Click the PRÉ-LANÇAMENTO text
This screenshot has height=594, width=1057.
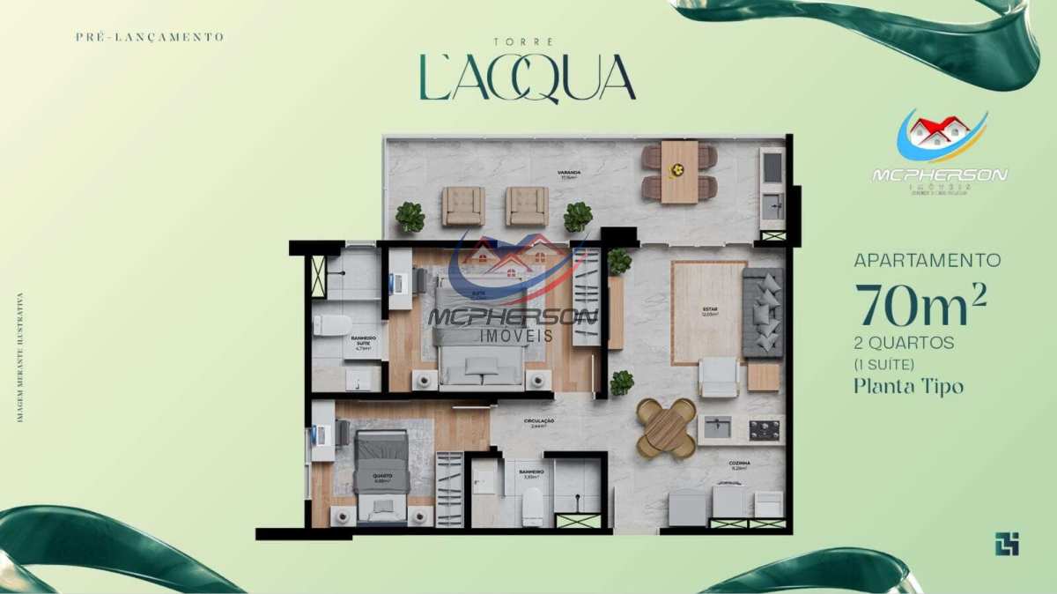click(x=151, y=37)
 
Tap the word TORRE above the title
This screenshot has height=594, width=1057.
click(x=527, y=41)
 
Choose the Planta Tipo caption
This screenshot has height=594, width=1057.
click(x=908, y=386)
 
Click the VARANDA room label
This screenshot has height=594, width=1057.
click(x=567, y=174)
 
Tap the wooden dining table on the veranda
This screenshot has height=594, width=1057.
click(x=679, y=172)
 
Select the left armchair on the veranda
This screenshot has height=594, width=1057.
click(x=463, y=206)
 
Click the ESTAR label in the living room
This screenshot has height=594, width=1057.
click(x=709, y=310)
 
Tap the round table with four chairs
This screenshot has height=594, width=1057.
click(x=666, y=428)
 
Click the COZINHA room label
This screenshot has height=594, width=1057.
click(x=738, y=464)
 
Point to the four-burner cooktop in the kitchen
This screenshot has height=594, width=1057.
click(x=764, y=429)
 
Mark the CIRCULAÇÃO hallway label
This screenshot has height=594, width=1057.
click(x=538, y=422)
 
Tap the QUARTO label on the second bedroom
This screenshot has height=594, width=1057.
click(x=382, y=476)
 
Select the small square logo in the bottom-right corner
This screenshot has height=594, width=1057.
click(x=1007, y=545)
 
